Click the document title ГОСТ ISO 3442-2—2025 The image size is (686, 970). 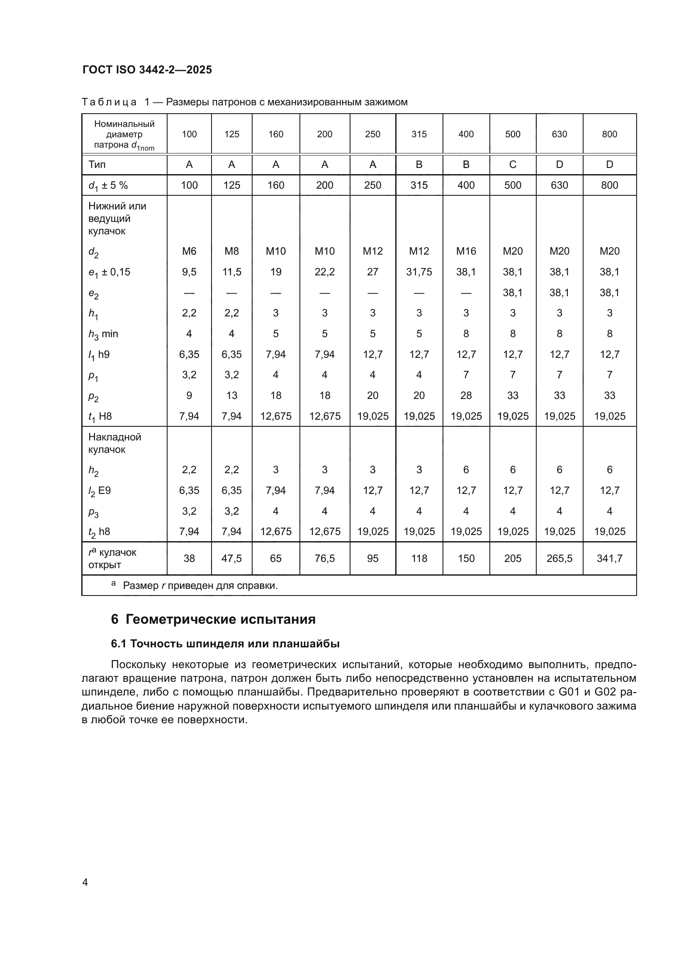click(x=147, y=70)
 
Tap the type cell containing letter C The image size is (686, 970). click(x=512, y=164)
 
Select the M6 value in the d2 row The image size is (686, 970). click(x=189, y=251)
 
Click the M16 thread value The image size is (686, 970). click(x=466, y=251)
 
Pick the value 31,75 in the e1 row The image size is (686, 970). click(x=418, y=272)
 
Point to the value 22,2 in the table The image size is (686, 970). click(x=324, y=272)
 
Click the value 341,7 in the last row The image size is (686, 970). click(x=609, y=558)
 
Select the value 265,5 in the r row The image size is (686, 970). click(x=559, y=558)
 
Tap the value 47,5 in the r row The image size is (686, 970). click(x=231, y=558)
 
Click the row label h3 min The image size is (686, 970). click(x=103, y=334)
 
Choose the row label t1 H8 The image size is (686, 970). click(x=100, y=416)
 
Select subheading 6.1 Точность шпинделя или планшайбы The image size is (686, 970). click(x=225, y=644)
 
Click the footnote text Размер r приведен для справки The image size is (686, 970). click(x=200, y=586)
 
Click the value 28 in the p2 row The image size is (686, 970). click(x=466, y=396)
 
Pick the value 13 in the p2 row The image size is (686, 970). click(x=231, y=396)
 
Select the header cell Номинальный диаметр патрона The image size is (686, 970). click(x=124, y=134)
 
